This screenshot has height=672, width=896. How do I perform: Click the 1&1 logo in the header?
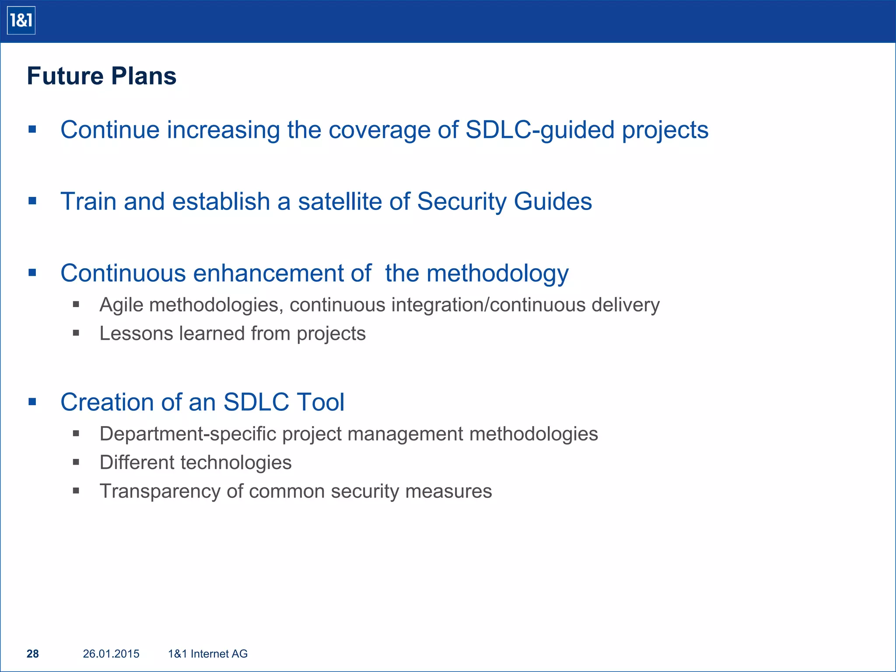pyautogui.click(x=21, y=21)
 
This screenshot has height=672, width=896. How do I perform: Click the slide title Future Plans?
pyautogui.click(x=101, y=76)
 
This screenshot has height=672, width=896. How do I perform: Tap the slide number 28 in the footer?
pyautogui.click(x=33, y=654)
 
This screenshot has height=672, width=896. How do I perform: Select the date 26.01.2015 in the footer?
pyautogui.click(x=111, y=654)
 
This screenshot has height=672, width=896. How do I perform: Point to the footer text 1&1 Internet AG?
pyautogui.click(x=208, y=654)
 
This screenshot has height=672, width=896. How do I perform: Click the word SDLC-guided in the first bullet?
pyautogui.click(x=540, y=130)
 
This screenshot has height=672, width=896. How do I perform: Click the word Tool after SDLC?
pyautogui.click(x=320, y=402)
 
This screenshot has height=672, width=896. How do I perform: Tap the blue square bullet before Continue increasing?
pyautogui.click(x=32, y=129)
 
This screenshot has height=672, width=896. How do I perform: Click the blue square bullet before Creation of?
pyautogui.click(x=32, y=402)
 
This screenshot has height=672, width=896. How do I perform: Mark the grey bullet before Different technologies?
pyautogui.click(x=76, y=462)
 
